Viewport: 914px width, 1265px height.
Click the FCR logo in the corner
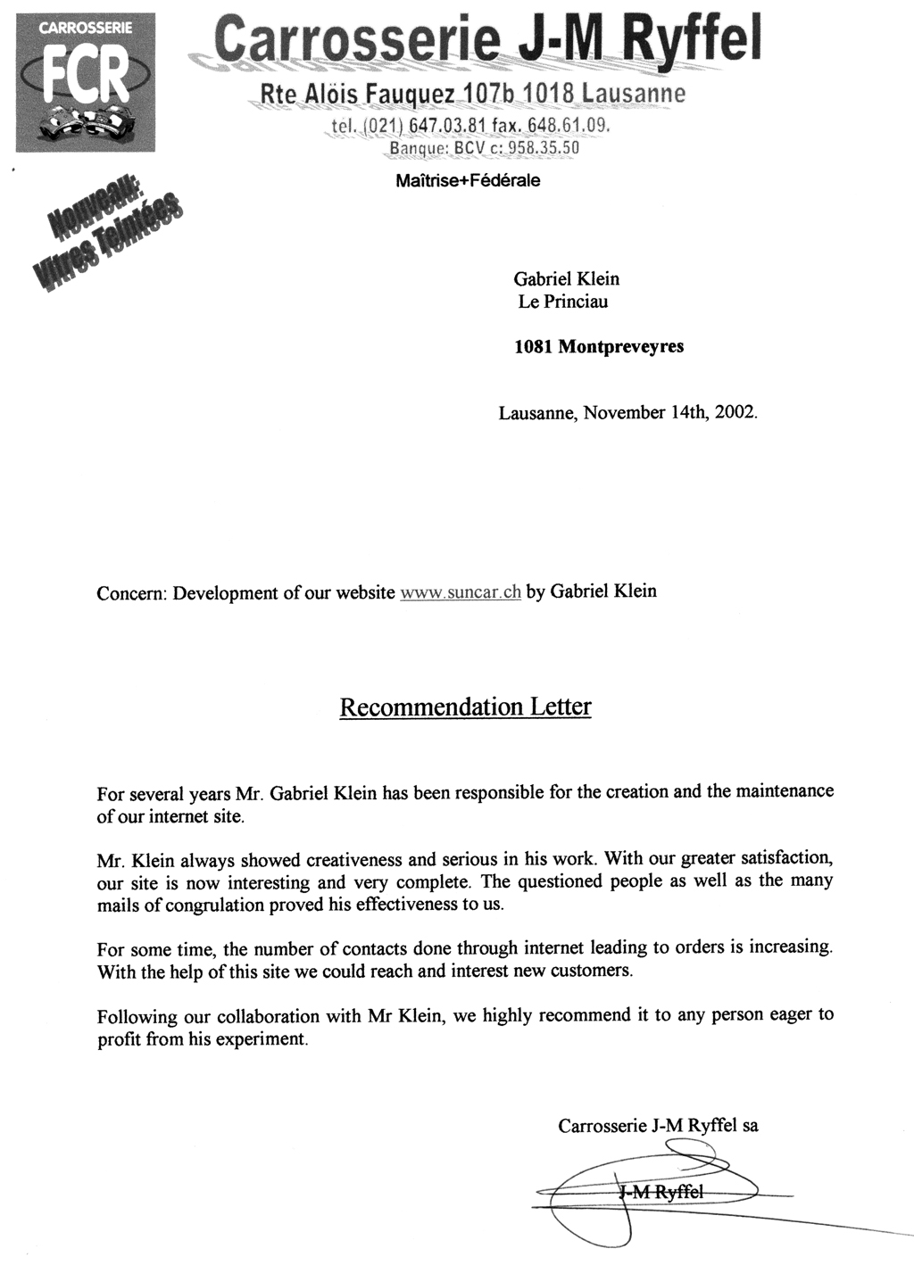(86, 84)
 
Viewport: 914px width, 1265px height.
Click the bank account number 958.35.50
(544, 148)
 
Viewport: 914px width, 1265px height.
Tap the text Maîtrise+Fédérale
(468, 181)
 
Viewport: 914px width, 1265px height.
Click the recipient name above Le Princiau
(566, 279)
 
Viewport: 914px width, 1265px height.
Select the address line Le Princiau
(563, 302)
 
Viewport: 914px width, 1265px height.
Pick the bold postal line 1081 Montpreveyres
(599, 346)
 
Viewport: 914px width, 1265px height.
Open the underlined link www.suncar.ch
(461, 592)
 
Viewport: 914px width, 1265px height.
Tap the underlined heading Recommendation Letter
(465, 707)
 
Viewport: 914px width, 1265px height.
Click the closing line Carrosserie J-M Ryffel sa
(658, 1126)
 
